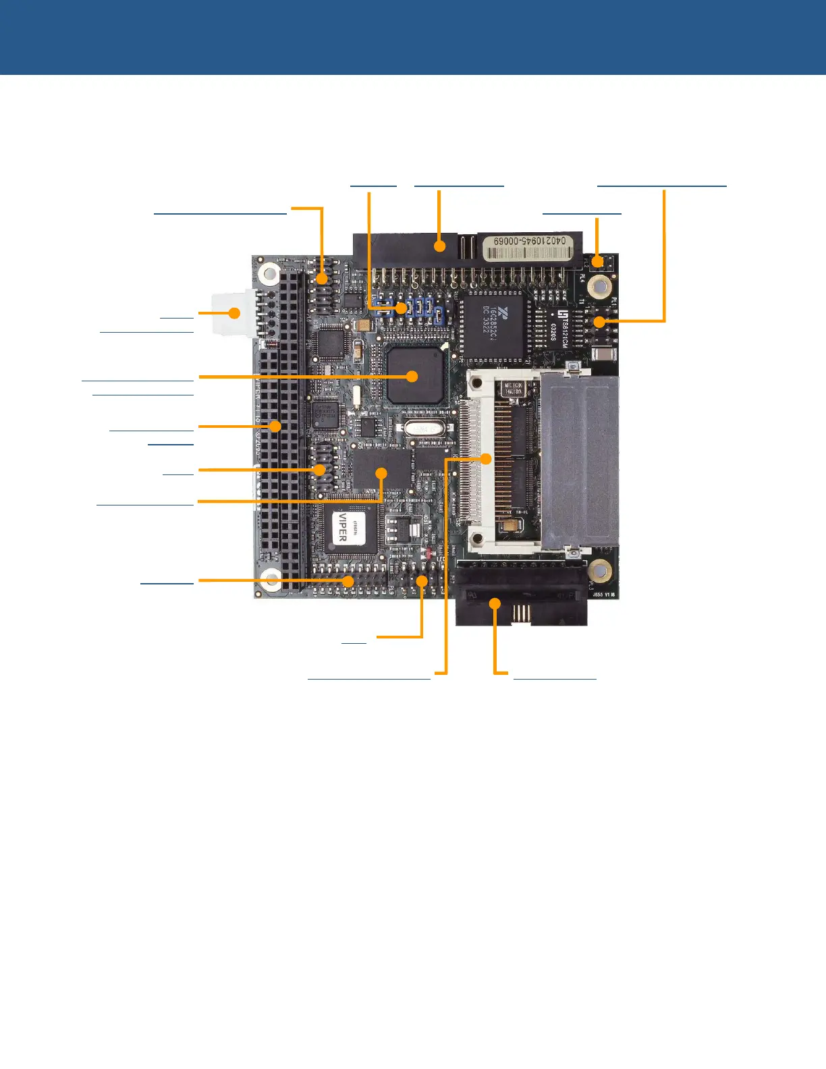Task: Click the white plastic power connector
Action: pos(233,312)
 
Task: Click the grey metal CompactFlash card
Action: pos(580,462)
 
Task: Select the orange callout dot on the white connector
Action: pos(234,313)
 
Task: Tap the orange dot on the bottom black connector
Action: pos(495,604)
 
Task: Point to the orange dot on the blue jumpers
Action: pos(402,308)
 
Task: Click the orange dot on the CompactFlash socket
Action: pos(486,459)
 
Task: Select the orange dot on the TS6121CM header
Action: pos(599,322)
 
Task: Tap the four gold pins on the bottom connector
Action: pos(520,613)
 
